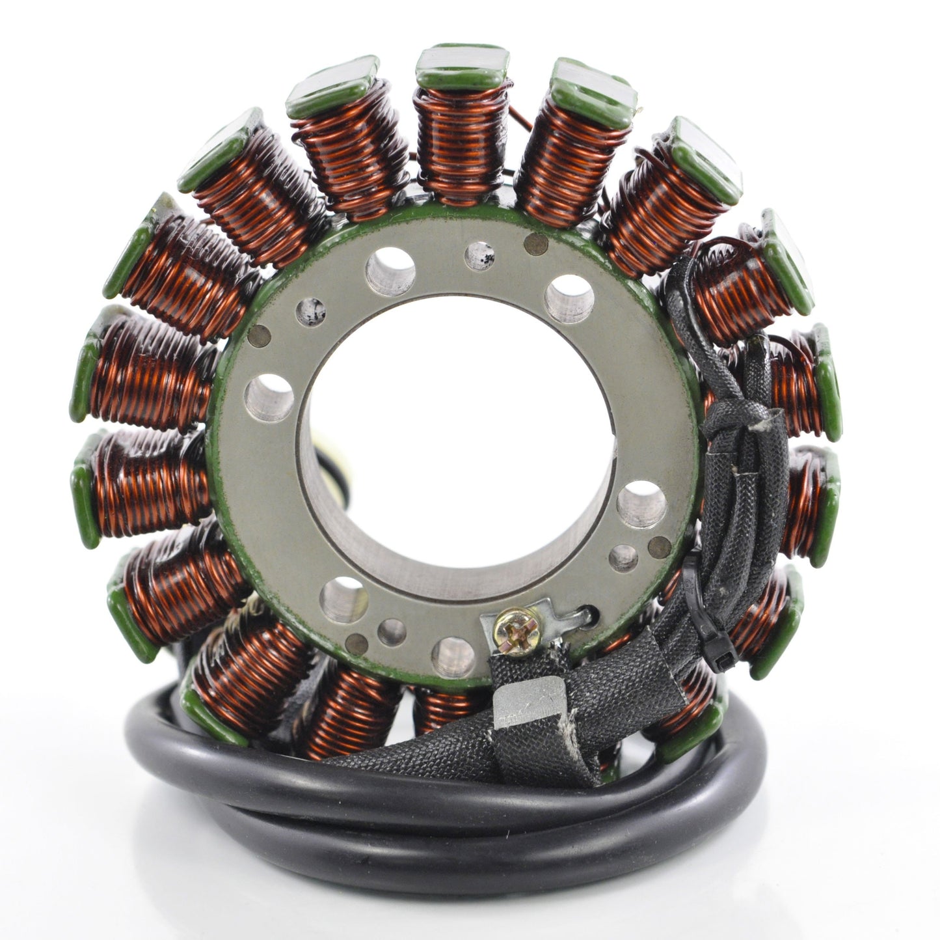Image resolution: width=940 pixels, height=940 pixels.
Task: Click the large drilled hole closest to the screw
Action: coord(453,655)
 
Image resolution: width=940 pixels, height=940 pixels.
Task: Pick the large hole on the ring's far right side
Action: coord(641,504)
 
